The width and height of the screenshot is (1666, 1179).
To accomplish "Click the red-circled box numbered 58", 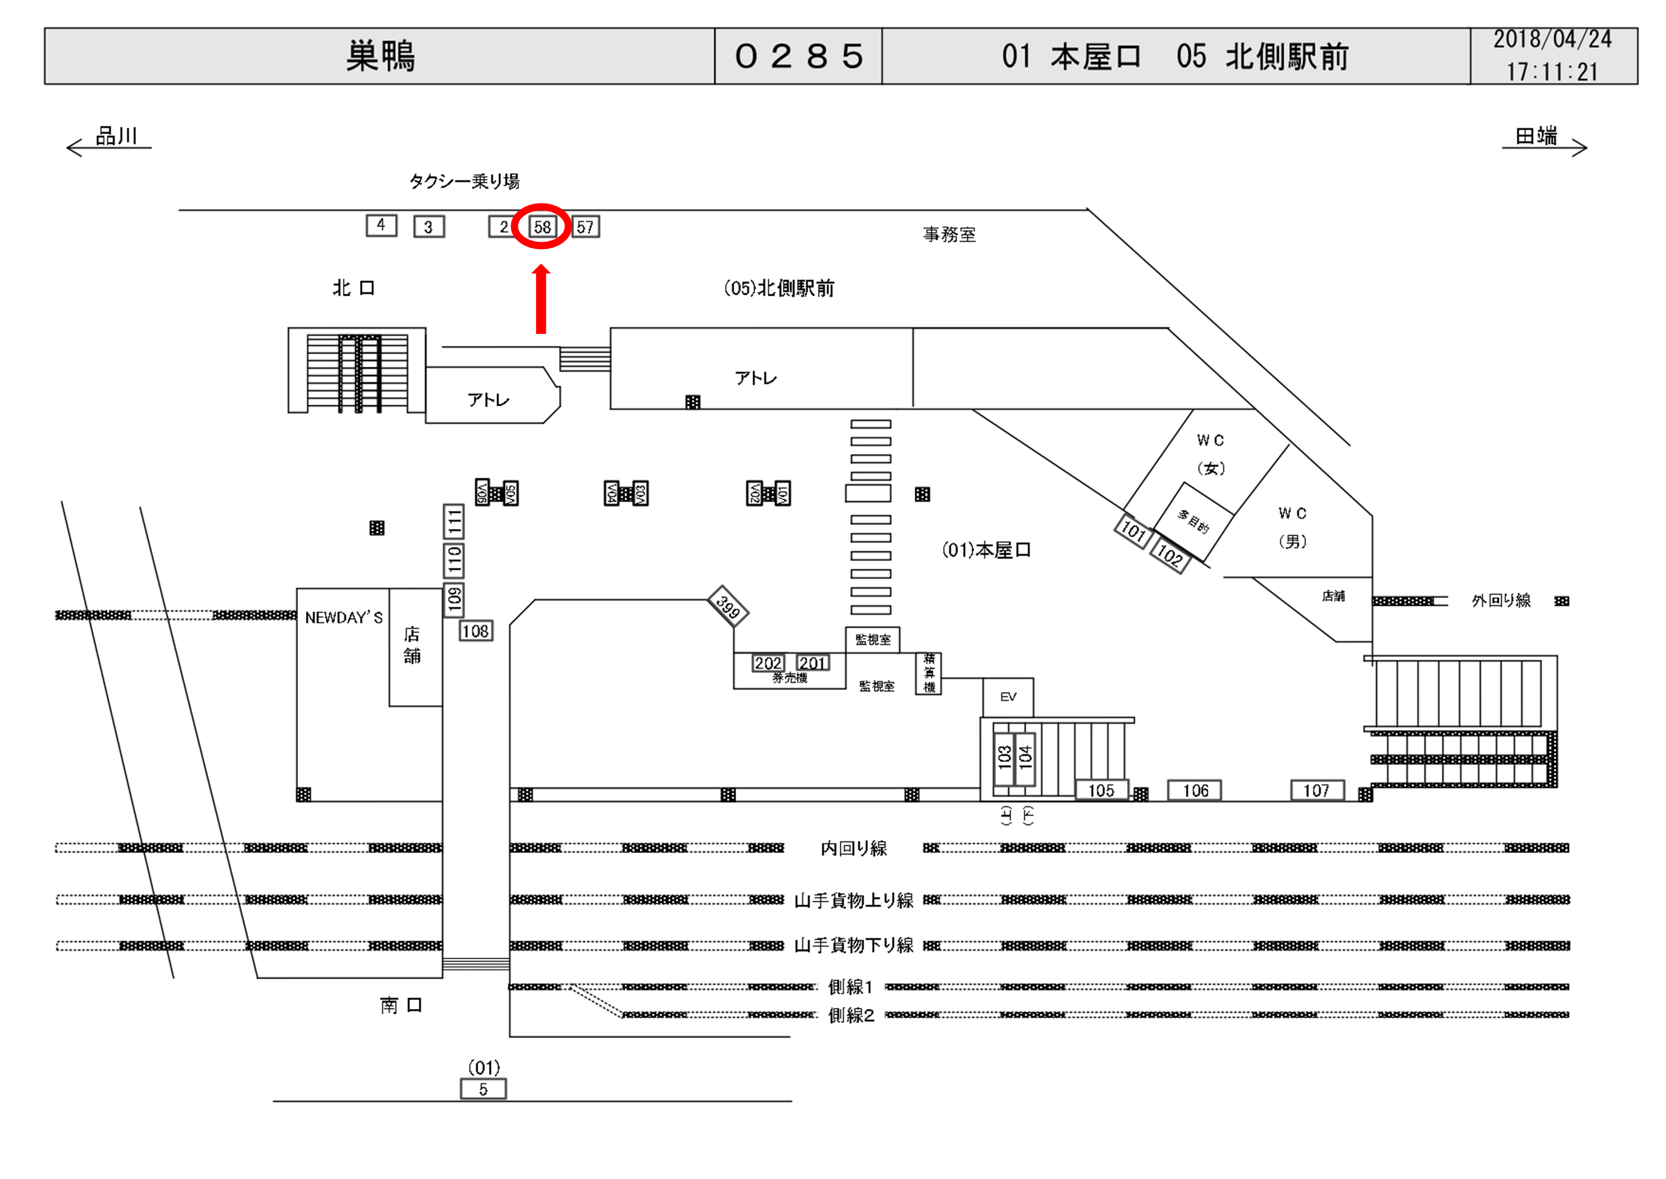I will (x=542, y=226).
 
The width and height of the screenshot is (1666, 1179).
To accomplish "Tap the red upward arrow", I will (x=541, y=299).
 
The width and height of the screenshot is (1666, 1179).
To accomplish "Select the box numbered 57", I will (x=586, y=226).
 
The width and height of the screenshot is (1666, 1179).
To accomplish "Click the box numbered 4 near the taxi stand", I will (x=381, y=225).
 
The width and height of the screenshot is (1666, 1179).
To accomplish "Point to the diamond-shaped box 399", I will (x=728, y=605).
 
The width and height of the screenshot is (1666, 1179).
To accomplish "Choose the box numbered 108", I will (x=476, y=631).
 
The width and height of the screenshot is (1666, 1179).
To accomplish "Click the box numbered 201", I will (x=813, y=663).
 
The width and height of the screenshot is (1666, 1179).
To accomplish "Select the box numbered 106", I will (x=1194, y=790).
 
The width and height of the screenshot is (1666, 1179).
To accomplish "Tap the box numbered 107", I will (x=1316, y=790).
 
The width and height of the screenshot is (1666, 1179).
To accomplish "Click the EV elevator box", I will (x=1008, y=697).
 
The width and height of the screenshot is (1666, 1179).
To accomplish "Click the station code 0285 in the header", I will (x=798, y=56).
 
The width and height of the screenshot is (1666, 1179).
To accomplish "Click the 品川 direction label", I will (x=116, y=136).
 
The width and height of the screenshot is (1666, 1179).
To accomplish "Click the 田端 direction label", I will (x=1536, y=136).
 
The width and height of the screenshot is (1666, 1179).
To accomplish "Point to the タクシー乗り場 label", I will (x=464, y=181).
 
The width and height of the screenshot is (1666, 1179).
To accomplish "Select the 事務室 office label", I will (x=949, y=234).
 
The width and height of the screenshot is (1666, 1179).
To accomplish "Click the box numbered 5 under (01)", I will (x=483, y=1089).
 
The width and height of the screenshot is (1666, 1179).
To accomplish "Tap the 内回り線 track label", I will (x=853, y=848).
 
